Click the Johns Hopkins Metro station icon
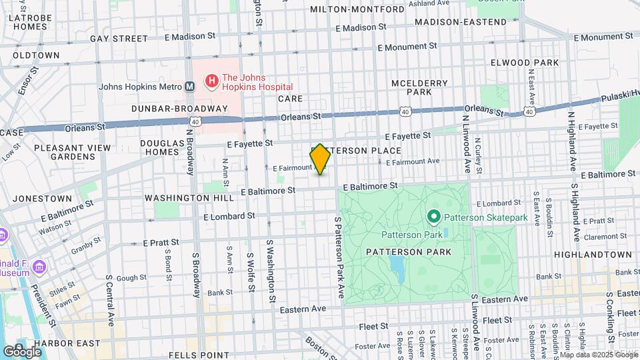tap(189, 86)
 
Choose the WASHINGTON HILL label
tap(189, 198)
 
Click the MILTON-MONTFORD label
tap(357, 10)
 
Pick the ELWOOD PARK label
tap(533, 62)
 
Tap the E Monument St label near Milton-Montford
tap(407, 47)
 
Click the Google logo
tap(21, 351)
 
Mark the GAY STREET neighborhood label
tap(118, 39)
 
